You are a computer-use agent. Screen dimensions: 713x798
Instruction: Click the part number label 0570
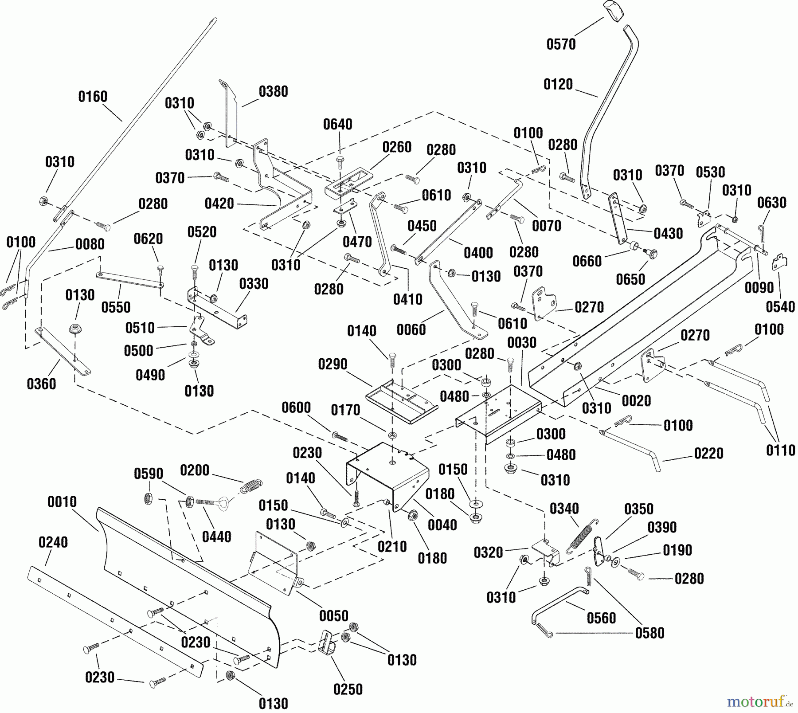pos(561,44)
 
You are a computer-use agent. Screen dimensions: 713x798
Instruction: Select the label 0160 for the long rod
pos(93,97)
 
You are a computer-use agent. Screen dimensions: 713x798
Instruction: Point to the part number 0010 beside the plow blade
pos(62,502)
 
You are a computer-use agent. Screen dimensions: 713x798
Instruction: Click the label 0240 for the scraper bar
pos(53,542)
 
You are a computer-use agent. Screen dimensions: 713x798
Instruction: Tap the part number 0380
pos(274,92)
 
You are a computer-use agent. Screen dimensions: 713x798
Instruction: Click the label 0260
pos(397,147)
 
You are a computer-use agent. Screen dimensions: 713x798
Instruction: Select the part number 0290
pos(332,364)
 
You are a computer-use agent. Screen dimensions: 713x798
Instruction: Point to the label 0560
pos(601,618)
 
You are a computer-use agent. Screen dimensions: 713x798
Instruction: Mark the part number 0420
pos(219,204)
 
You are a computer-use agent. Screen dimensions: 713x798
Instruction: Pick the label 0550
pos(116,307)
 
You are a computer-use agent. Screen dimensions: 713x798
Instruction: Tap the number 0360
pos(41,384)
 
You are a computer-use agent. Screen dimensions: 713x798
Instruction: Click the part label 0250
pos(348,689)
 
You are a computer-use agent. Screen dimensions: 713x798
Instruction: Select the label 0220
pos(708,454)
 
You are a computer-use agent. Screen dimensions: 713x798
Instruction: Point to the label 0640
pos(337,125)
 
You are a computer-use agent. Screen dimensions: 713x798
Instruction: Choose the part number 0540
pos(780,307)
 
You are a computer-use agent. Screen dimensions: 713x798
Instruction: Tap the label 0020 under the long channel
pos(636,401)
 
